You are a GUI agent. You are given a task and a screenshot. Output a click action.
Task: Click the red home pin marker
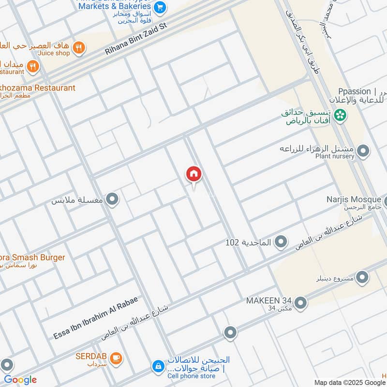pyautogui.click(x=193, y=174)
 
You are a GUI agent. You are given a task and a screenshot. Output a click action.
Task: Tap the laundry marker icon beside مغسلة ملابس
pyautogui.click(x=112, y=199)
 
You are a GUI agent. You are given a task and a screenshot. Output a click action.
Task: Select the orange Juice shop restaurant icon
pyautogui.click(x=79, y=47)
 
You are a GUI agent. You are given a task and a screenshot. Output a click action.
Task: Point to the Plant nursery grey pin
pyautogui.click(x=363, y=151)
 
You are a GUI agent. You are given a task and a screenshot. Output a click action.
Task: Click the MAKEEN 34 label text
pyautogui.click(x=269, y=300)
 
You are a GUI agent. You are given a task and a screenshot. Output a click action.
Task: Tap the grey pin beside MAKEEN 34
pyautogui.click(x=300, y=303)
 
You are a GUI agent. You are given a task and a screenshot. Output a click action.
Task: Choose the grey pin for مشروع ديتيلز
pyautogui.click(x=362, y=277)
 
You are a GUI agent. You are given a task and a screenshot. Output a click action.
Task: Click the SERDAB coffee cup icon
pyautogui.click(x=116, y=358)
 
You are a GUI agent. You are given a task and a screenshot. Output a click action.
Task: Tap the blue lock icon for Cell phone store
pyautogui.click(x=158, y=367)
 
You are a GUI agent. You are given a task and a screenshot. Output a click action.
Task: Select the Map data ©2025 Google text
pyautogui.click(x=350, y=382)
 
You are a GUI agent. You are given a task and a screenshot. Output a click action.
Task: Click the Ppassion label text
pyautogui.click(x=355, y=91)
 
